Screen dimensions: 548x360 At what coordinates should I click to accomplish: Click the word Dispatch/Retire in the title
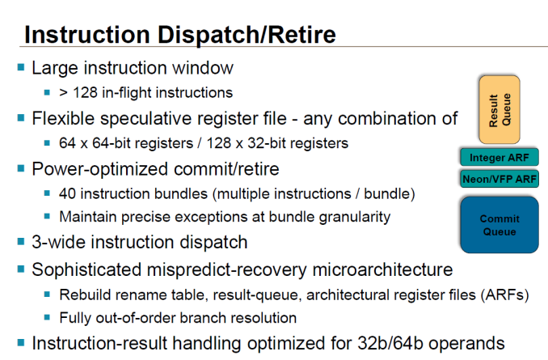247,35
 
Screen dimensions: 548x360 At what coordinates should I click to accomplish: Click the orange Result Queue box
500,109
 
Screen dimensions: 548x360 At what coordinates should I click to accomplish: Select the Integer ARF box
500,158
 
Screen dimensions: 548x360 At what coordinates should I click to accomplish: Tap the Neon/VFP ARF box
500,179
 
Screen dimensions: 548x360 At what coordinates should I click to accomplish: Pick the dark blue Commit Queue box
500,225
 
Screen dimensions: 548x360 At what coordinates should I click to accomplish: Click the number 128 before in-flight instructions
85,93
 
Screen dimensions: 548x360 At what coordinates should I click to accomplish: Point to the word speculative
146,119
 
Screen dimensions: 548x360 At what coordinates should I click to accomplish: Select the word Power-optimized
100,169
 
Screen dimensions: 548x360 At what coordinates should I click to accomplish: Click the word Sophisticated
86,269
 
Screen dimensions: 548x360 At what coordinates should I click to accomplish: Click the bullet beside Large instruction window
21,67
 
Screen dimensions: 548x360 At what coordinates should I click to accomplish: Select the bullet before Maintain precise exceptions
47,216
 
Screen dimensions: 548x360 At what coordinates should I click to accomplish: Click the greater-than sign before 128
63,93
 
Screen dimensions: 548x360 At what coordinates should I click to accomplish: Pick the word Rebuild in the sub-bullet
82,295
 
